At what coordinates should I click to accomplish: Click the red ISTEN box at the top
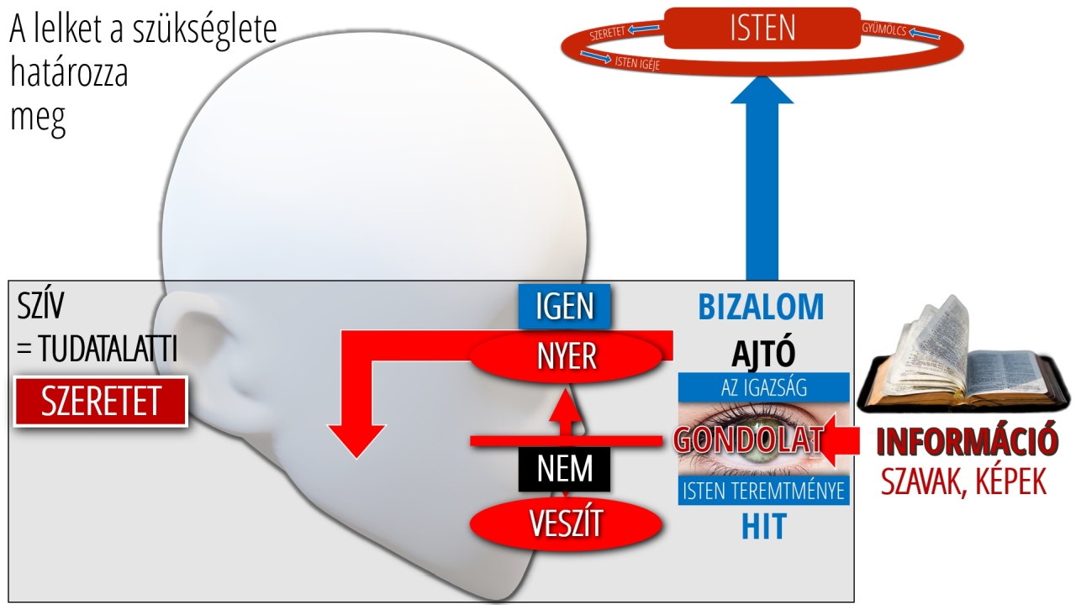(762, 28)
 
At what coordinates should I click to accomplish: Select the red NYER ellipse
(566, 356)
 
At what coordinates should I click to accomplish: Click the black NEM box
(565, 469)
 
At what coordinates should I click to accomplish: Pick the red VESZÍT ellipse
(566, 523)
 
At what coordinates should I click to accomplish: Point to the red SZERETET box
(101, 402)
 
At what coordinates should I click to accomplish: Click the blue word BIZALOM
(761, 308)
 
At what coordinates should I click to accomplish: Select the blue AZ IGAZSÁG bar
(763, 387)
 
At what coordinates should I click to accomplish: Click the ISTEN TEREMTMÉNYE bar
(763, 491)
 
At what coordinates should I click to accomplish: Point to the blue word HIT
(763, 527)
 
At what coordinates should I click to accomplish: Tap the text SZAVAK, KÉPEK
(963, 482)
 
